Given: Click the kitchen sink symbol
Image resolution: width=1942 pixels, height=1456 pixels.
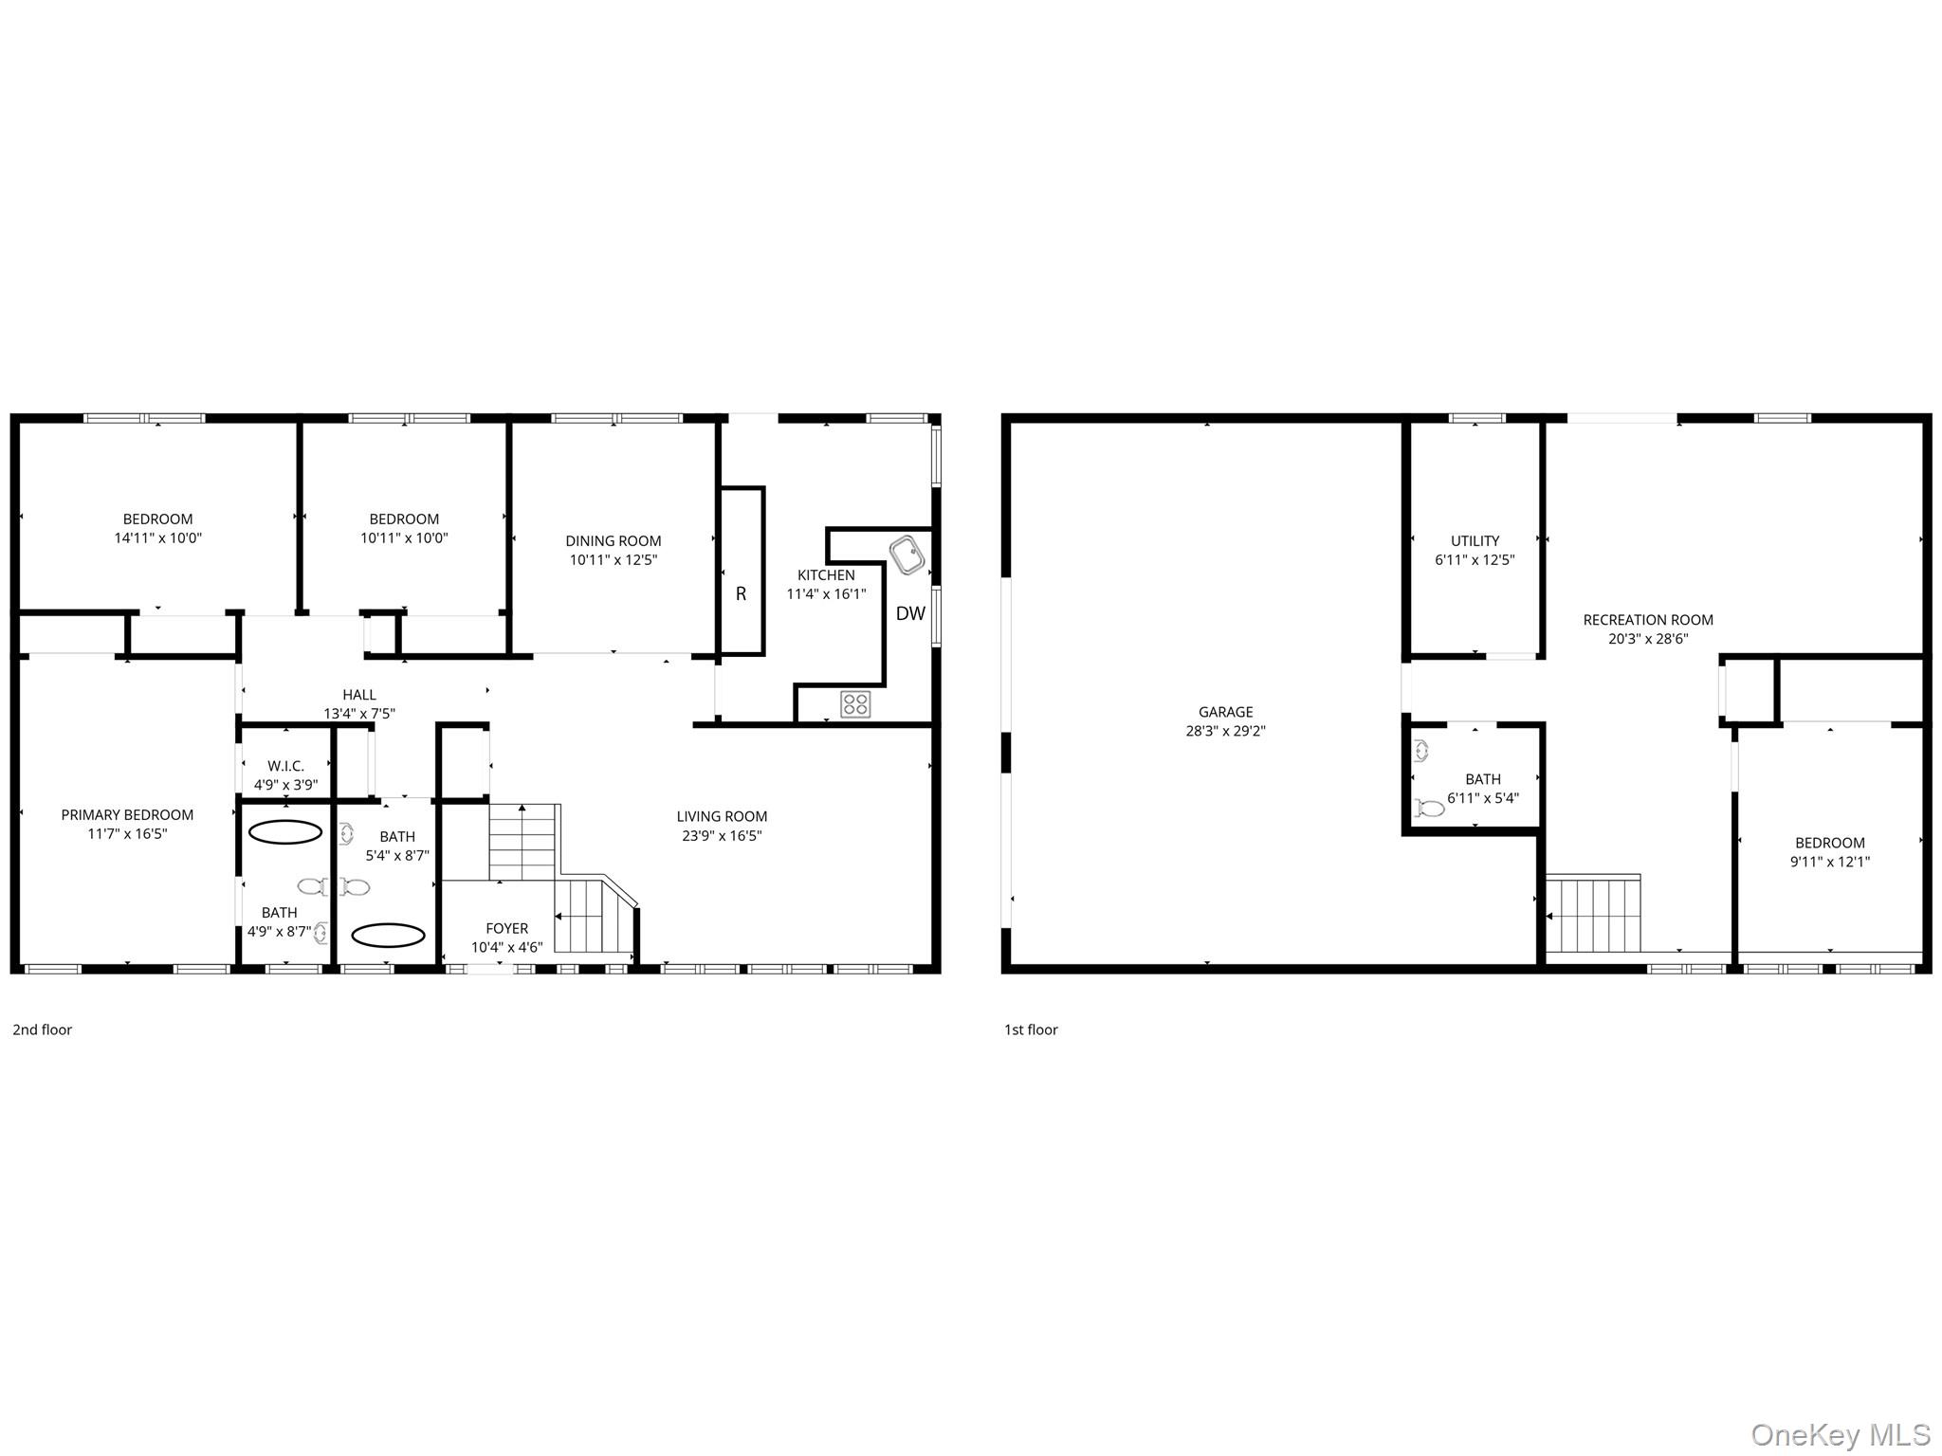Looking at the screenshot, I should [907, 555].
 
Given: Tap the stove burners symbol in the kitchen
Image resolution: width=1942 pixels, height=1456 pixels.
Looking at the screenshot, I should [855, 703].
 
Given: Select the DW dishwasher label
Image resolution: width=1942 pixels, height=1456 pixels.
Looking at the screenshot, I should [910, 614].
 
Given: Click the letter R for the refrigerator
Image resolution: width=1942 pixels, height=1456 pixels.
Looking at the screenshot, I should [741, 594].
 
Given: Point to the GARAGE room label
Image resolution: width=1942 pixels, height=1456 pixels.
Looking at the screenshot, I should [1225, 712].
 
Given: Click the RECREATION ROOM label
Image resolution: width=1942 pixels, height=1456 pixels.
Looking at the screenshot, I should [1648, 620].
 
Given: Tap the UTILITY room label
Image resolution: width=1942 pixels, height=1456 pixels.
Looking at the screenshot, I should [1475, 541].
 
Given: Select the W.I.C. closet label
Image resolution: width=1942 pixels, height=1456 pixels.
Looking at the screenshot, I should [285, 766].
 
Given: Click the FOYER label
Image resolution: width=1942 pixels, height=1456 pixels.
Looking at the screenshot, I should [506, 929].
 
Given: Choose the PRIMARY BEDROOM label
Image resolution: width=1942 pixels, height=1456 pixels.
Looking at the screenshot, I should [127, 815].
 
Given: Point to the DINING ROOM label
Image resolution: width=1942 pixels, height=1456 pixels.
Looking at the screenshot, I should [614, 541].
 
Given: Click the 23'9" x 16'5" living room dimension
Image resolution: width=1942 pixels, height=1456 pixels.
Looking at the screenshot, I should [722, 836].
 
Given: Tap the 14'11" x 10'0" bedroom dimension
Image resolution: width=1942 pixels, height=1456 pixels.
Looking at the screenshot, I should [157, 538].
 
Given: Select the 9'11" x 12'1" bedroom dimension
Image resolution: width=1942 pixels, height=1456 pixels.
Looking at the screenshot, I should [1829, 863].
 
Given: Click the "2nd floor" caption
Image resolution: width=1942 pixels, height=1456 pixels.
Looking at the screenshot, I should [43, 1030].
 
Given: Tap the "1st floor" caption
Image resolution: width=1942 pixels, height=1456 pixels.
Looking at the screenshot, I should [1031, 1030].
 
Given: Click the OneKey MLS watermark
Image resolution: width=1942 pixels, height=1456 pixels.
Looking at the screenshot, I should [1840, 1435].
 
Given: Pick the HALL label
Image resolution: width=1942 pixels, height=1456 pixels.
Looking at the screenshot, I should [359, 695].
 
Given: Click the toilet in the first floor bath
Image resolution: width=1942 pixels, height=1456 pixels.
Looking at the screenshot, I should [1429, 809].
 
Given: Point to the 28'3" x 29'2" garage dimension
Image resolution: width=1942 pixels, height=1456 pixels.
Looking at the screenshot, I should [1225, 732].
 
